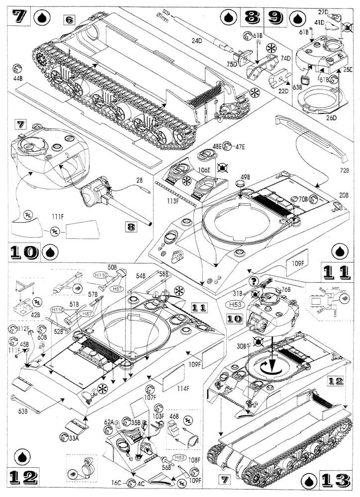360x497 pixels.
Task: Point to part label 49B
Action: click(x=245, y=177)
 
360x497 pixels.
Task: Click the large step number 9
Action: click(x=276, y=18)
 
